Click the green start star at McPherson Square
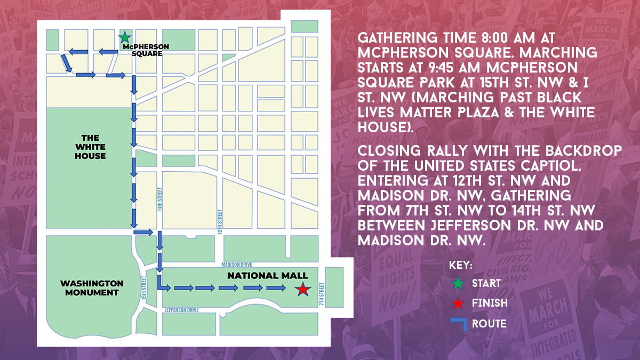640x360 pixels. pyautogui.click(x=124, y=37)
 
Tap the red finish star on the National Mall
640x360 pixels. pyautogui.click(x=302, y=289)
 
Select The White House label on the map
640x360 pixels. pyautogui.click(x=90, y=147)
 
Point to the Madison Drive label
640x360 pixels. pyautogui.click(x=237, y=265)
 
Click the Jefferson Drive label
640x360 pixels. pyautogui.click(x=182, y=310)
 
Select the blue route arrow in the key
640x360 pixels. pyautogui.click(x=458, y=323)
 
